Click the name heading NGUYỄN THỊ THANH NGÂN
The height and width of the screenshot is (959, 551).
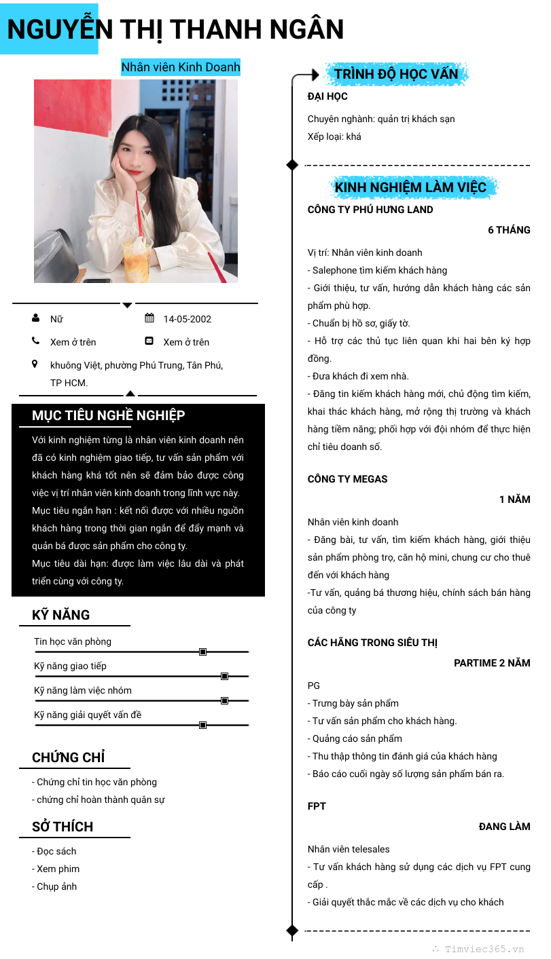click(x=175, y=29)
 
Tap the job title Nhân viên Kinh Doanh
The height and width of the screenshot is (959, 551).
click(x=180, y=67)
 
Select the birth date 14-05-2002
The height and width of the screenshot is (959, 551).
click(x=187, y=319)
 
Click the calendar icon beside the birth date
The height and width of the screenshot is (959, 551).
click(x=149, y=318)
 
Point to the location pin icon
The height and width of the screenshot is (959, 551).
click(x=35, y=364)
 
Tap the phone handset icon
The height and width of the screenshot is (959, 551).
click(x=36, y=341)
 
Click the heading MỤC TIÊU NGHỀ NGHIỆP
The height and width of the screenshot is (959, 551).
click(x=108, y=415)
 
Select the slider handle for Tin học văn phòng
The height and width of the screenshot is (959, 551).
click(x=202, y=652)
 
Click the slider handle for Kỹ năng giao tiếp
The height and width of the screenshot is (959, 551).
click(x=224, y=676)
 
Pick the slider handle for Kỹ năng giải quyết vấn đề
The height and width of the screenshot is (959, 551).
click(x=202, y=725)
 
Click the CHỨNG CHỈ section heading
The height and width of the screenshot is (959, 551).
click(x=68, y=757)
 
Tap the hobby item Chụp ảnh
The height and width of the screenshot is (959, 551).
click(x=56, y=886)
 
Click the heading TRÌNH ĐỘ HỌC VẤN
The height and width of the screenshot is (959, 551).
click(x=396, y=74)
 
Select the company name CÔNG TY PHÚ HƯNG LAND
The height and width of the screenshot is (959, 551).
click(x=370, y=210)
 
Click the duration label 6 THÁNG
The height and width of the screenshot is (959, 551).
click(x=509, y=230)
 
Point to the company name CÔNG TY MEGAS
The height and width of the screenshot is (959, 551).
click(x=347, y=479)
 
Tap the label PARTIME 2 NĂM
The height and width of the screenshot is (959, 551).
click(x=492, y=663)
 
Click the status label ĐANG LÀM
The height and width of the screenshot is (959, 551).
click(x=504, y=827)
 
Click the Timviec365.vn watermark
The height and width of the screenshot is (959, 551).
click(x=484, y=949)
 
